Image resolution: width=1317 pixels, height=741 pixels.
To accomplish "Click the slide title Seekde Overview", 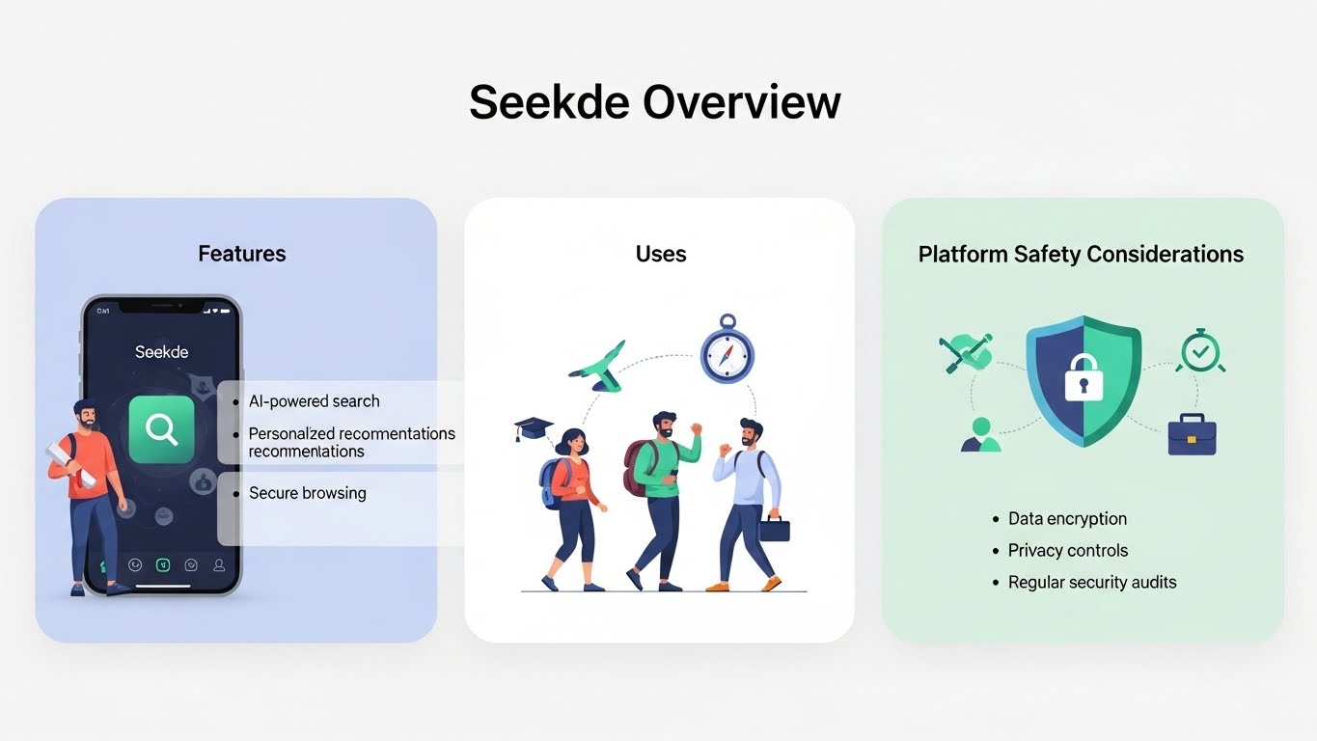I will (655, 102).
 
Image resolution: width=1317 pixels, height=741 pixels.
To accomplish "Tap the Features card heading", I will (242, 254).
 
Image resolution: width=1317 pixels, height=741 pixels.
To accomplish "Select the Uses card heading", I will (661, 254).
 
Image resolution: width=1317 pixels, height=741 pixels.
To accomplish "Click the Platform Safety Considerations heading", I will (1081, 254).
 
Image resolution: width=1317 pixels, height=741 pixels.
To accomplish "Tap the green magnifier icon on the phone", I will (161, 429).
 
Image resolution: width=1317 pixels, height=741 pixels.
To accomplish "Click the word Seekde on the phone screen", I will (161, 351).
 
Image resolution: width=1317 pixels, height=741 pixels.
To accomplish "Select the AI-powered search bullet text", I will (315, 401).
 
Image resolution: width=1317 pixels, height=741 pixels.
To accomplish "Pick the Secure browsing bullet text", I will (308, 493).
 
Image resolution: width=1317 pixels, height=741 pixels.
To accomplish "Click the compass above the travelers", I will (727, 351).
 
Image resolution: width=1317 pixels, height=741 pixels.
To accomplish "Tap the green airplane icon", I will (598, 364).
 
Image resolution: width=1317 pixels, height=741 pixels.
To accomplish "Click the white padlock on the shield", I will (1083, 379).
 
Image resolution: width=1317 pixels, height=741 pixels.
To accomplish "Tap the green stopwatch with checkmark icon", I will (1199, 351).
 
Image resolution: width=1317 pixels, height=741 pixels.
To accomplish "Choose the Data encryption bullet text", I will (1067, 519).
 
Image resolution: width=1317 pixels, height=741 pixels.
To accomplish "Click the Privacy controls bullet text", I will (1068, 551).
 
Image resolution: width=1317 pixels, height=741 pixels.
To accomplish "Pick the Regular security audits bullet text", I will (1092, 583).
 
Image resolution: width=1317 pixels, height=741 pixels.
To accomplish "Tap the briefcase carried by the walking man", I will (774, 529).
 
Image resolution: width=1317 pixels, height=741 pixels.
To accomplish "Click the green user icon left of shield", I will (981, 434).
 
